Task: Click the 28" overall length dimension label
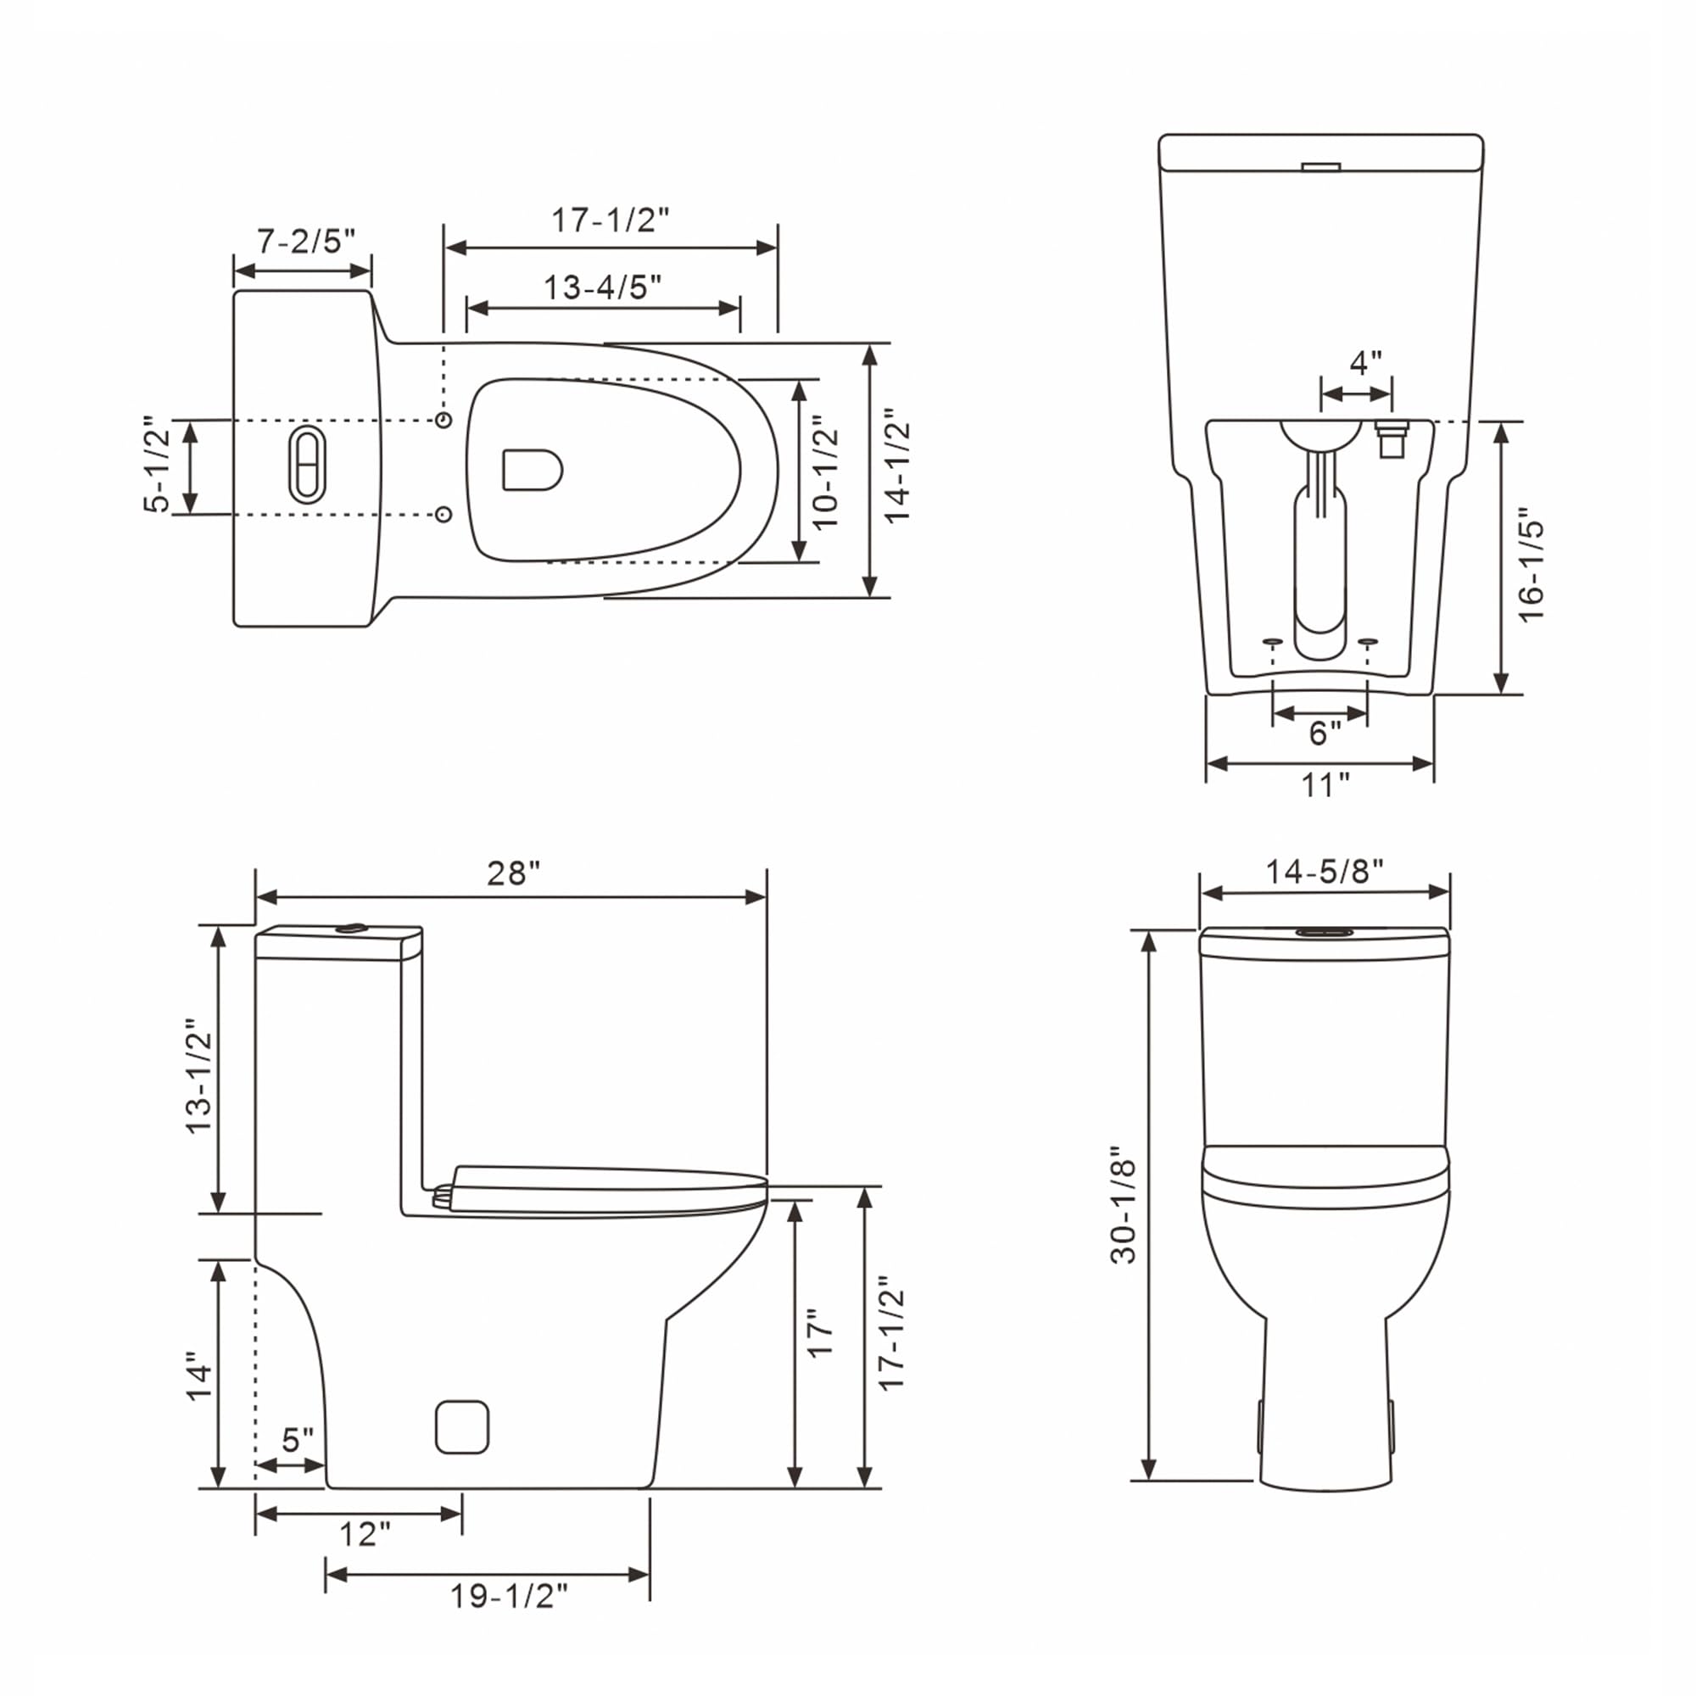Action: click(x=514, y=873)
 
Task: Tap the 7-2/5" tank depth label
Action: click(x=305, y=241)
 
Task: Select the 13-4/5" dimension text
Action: click(x=602, y=287)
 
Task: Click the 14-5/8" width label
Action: click(x=1324, y=872)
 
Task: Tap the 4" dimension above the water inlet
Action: click(x=1365, y=362)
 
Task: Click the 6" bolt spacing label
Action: click(x=1325, y=733)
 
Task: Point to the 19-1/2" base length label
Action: click(x=509, y=1596)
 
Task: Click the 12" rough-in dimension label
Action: click(x=365, y=1535)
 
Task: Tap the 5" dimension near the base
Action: click(x=298, y=1440)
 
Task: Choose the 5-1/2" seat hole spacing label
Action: click(x=157, y=465)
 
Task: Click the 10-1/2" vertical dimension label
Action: click(x=826, y=477)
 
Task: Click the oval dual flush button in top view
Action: click(x=307, y=466)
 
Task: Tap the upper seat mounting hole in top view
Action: click(x=444, y=420)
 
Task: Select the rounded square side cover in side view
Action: click(x=462, y=1426)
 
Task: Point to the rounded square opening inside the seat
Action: click(x=531, y=470)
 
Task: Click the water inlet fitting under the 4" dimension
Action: click(x=1389, y=438)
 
